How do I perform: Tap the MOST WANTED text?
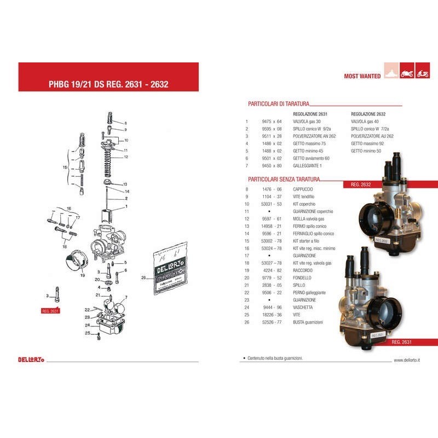click(x=362, y=77)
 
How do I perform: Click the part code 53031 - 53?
click(x=272, y=204)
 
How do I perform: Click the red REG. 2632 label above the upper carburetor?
click(x=361, y=185)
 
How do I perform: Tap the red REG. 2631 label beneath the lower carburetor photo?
click(x=402, y=342)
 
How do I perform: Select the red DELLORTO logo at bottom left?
click(x=31, y=360)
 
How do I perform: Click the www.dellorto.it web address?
click(x=407, y=360)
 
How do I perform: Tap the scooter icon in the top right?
click(x=422, y=72)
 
